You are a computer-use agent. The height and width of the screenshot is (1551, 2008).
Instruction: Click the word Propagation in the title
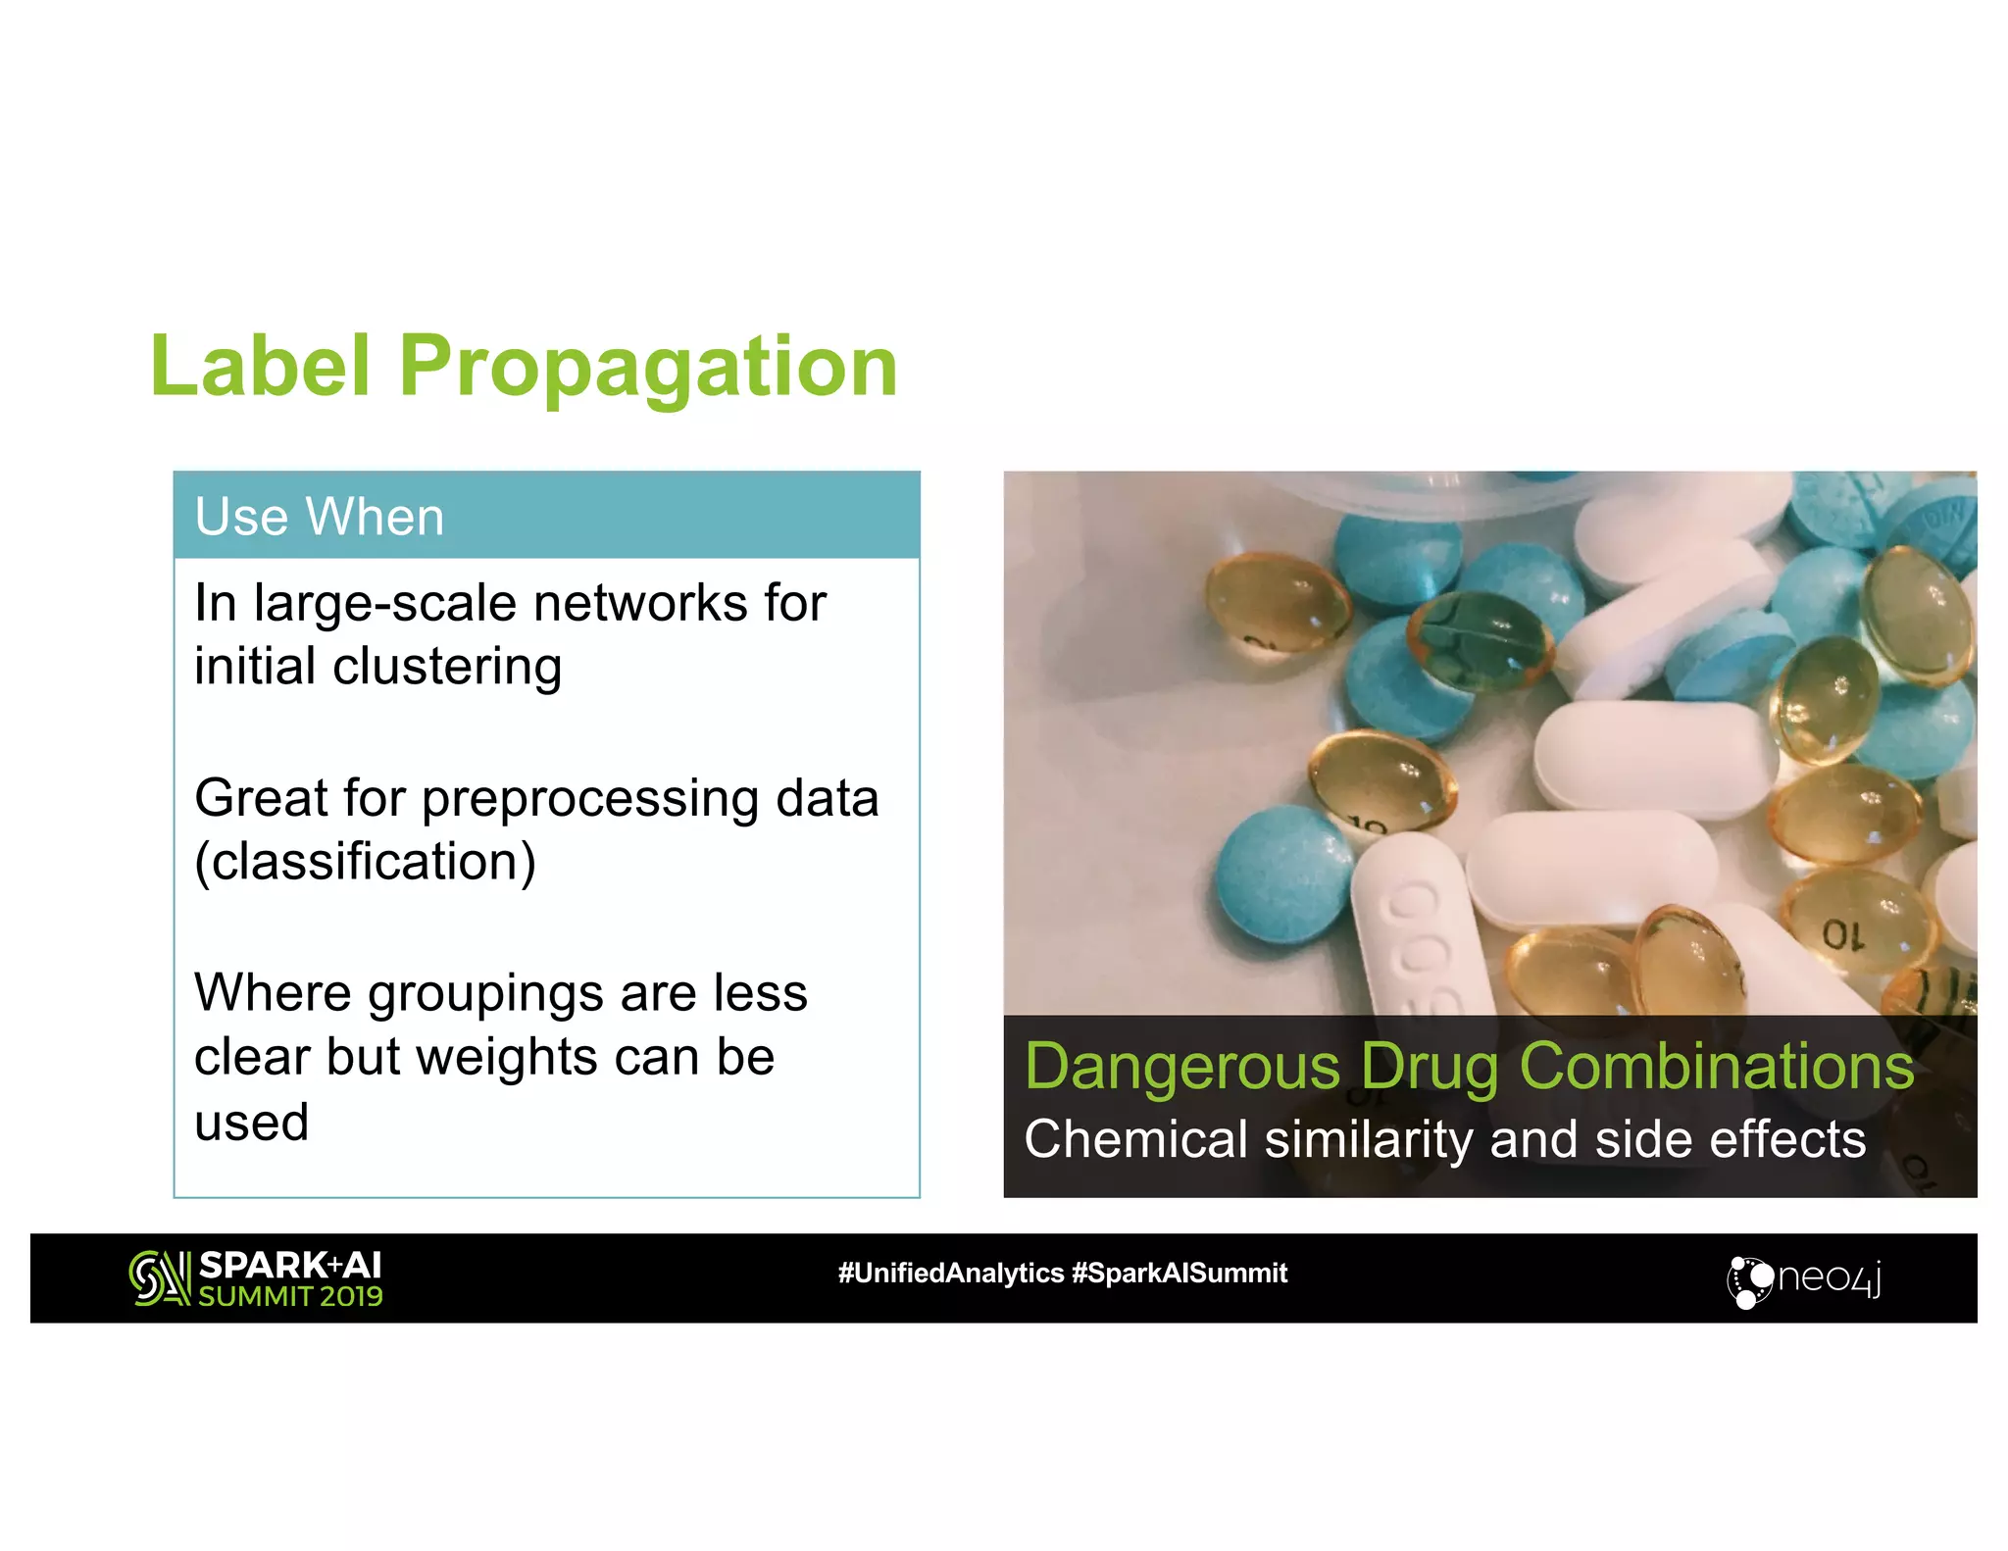(x=648, y=367)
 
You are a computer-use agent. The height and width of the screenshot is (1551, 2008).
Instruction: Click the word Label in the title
(x=261, y=367)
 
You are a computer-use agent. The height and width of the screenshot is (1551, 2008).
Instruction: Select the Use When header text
(x=319, y=517)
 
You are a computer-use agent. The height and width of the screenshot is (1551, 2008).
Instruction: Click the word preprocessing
(x=590, y=799)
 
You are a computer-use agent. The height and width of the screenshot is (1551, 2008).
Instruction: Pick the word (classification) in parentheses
(x=365, y=862)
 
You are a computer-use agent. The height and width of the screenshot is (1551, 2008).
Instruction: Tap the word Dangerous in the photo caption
(x=1181, y=1067)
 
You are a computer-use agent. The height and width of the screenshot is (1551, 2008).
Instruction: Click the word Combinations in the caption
(x=1716, y=1067)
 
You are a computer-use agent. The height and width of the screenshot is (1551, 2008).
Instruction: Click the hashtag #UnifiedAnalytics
(x=950, y=1273)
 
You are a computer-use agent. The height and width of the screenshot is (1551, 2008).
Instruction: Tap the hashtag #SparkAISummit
(x=1180, y=1273)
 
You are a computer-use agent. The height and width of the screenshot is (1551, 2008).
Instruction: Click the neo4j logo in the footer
(x=1803, y=1278)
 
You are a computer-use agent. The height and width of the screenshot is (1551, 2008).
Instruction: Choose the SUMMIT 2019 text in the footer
(x=290, y=1296)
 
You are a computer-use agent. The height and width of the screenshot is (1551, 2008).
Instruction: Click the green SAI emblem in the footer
(x=159, y=1277)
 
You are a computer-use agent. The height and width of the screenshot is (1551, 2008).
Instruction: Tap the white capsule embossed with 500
(x=1417, y=931)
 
